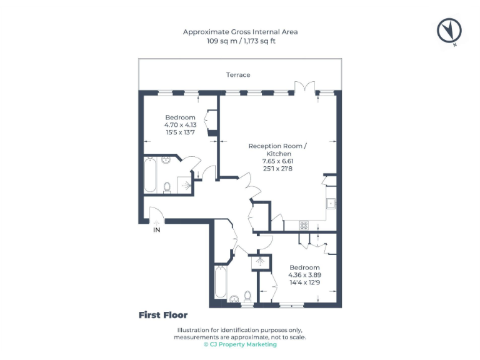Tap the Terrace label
238,75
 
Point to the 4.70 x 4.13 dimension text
180,125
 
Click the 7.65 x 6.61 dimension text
277,161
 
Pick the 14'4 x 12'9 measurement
304,282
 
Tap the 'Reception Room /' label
277,146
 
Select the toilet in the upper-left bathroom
167,186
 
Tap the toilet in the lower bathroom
247,295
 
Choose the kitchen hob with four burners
304,226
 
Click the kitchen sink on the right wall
331,203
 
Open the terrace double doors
303,87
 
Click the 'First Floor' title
163,315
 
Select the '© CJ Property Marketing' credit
240,344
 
